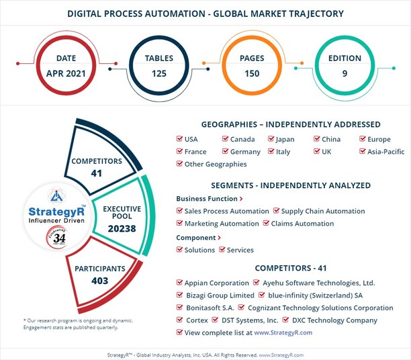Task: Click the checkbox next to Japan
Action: point(271,140)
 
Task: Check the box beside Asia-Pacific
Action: point(363,152)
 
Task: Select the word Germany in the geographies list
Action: point(244,152)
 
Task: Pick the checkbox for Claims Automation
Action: point(267,224)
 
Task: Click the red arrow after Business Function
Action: point(241,199)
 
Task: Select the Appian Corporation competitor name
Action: point(216,283)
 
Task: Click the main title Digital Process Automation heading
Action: point(205,13)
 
